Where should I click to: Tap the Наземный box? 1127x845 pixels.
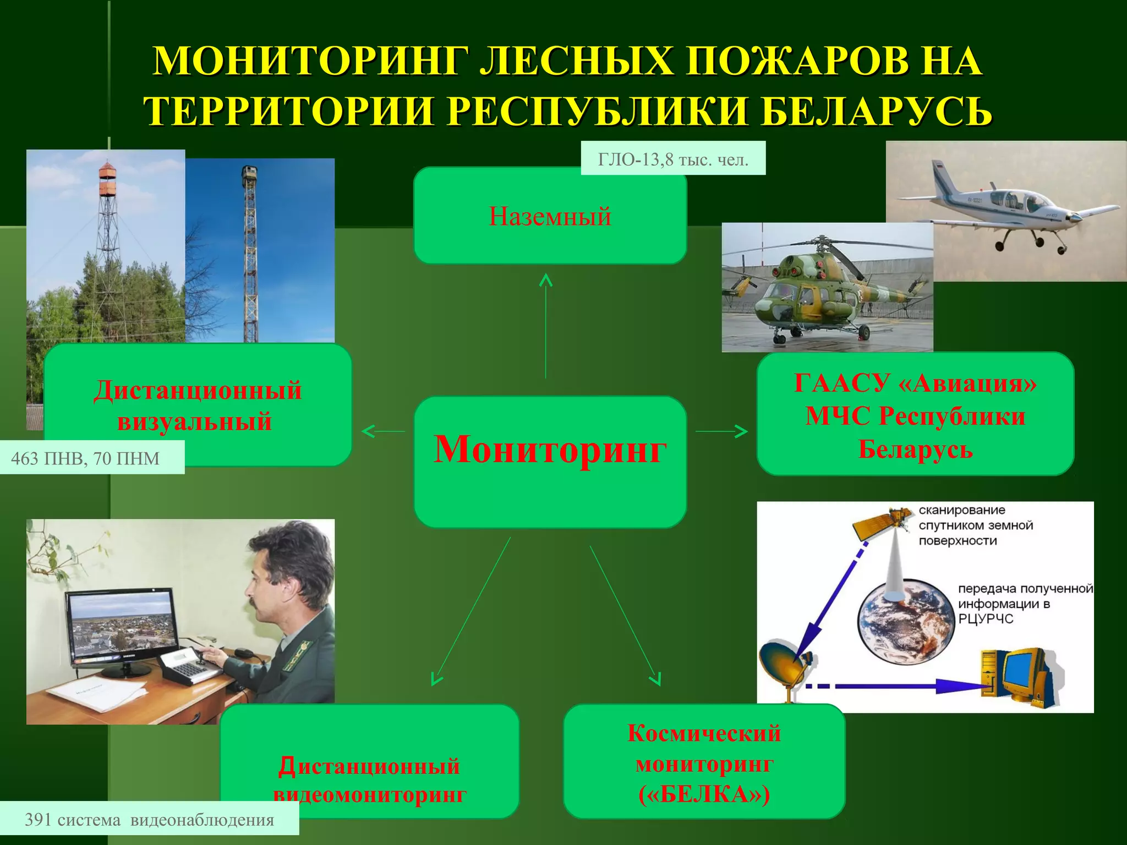click(550, 216)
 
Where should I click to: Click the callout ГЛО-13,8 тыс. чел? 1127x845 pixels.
click(673, 160)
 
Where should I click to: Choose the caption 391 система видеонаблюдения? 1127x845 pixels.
click(149, 820)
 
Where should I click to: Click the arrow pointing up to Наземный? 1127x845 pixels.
click(545, 325)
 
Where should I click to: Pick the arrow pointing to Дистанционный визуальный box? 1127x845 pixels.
click(382, 431)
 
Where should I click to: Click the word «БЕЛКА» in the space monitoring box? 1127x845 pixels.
click(704, 794)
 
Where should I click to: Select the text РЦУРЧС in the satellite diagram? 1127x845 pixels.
click(986, 619)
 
